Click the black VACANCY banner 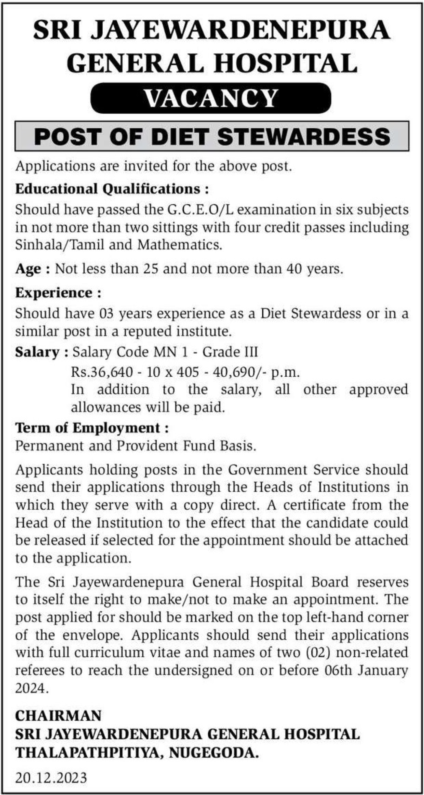211,98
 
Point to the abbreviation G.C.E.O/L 197,209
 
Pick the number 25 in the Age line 151,268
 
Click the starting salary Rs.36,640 102,372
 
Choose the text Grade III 230,352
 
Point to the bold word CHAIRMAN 58,715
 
